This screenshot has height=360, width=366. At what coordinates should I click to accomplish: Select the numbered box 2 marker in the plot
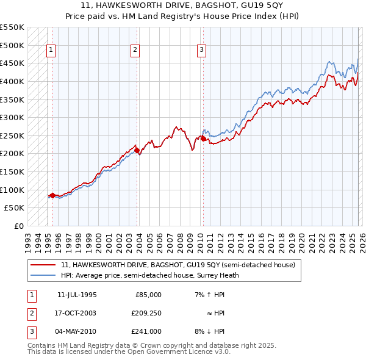(135, 51)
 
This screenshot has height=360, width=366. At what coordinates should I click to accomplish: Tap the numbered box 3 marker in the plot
(201, 51)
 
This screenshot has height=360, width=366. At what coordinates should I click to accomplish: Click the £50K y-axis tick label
(15, 207)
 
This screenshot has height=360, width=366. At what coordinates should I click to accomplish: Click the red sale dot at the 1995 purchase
(53, 195)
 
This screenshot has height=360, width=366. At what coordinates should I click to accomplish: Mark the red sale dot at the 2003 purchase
(137, 150)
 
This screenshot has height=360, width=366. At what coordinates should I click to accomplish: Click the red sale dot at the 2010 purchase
(203, 139)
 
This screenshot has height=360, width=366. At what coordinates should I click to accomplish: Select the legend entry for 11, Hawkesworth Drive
(178, 265)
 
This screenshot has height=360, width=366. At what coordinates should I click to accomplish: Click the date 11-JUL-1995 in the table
(77, 295)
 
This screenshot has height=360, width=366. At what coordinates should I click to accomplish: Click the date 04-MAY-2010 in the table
(77, 331)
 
